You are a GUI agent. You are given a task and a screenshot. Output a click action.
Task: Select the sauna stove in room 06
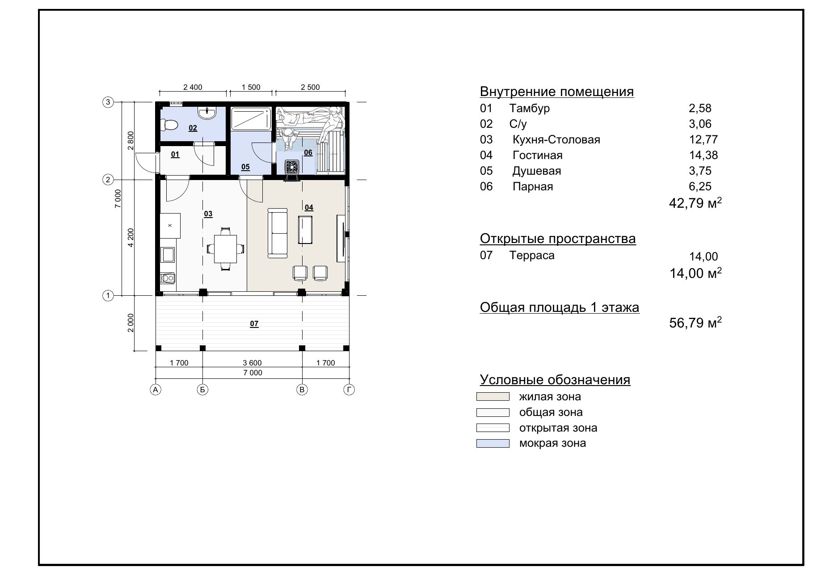pos(292,167)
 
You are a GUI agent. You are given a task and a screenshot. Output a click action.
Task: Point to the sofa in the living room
pos(278,233)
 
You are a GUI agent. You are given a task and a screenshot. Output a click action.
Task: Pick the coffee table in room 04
pos(305,230)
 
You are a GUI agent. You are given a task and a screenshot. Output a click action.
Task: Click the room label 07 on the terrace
pos(254,324)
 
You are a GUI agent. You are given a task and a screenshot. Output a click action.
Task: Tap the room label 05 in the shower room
pos(245,167)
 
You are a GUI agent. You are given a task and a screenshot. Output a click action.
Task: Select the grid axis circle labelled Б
pos(202,390)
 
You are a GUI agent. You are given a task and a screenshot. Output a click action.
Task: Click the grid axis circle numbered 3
pos(108,102)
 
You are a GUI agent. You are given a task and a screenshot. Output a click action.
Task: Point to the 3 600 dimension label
pos(252,363)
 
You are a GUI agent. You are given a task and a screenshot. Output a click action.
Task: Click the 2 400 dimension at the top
pos(193,87)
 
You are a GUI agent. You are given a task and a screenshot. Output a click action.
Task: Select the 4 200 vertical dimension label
pos(131,238)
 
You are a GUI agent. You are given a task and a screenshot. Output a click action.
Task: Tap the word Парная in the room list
pos(533,186)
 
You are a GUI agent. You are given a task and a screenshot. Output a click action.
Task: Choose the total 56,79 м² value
pos(695,323)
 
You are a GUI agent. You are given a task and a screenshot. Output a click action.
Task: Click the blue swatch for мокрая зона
pos(493,443)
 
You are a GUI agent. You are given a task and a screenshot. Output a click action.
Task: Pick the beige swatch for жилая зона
pos(493,396)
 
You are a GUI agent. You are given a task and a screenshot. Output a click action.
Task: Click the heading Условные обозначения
pos(555,380)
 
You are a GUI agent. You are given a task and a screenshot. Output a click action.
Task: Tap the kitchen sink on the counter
pos(168,255)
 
